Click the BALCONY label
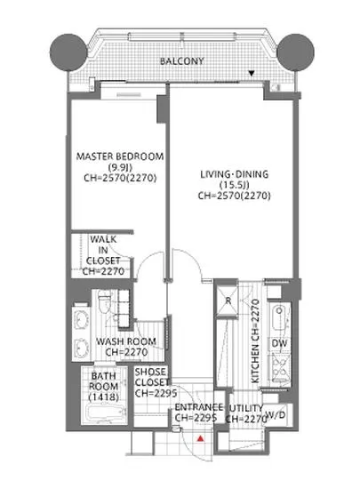[x=181, y=61]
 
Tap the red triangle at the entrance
[x=200, y=438]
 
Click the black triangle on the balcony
[x=252, y=74]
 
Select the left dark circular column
[x=68, y=52]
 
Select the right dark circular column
[x=295, y=52]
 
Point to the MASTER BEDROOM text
[x=120, y=156]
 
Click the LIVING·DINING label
[x=234, y=174]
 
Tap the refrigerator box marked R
[x=228, y=301]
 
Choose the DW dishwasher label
[x=279, y=344]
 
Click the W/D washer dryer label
[x=276, y=414]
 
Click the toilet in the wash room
[x=104, y=302]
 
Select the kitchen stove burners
[x=280, y=368]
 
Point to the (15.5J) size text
[x=235, y=185]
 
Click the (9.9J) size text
[x=120, y=167]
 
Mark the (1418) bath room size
[x=104, y=397]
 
